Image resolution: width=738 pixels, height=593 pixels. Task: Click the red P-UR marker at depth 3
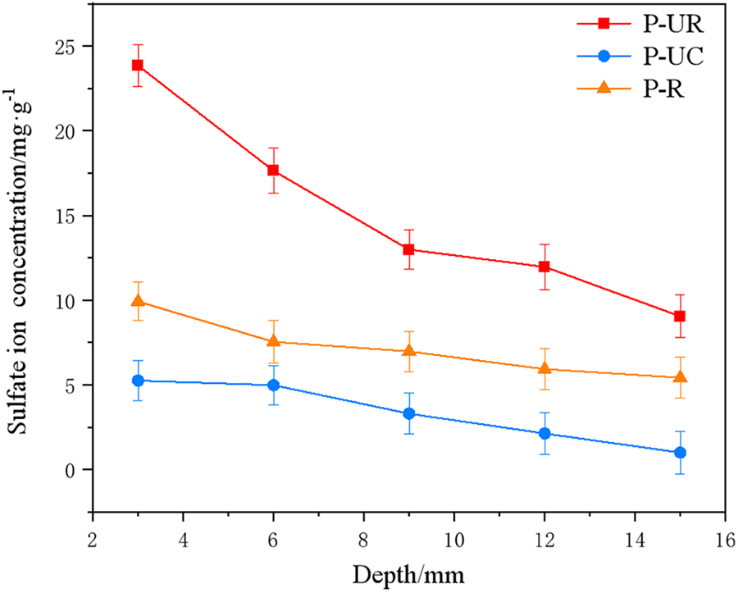(138, 65)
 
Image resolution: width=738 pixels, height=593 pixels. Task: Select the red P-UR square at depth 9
(408, 249)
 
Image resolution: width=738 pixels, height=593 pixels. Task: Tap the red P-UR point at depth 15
(679, 316)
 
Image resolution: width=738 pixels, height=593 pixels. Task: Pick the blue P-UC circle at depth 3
(138, 381)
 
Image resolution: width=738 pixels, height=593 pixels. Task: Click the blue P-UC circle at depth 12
(544, 433)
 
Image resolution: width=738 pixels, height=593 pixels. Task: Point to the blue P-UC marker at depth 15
(679, 452)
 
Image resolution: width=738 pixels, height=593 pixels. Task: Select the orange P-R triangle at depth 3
(138, 301)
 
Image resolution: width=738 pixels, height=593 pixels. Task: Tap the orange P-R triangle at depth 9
(408, 351)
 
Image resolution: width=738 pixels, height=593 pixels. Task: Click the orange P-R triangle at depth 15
(679, 377)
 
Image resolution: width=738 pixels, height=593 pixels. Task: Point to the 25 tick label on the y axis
(67, 46)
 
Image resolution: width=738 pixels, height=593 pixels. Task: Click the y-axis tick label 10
(67, 300)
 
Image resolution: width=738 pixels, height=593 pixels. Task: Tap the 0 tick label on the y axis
(73, 470)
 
